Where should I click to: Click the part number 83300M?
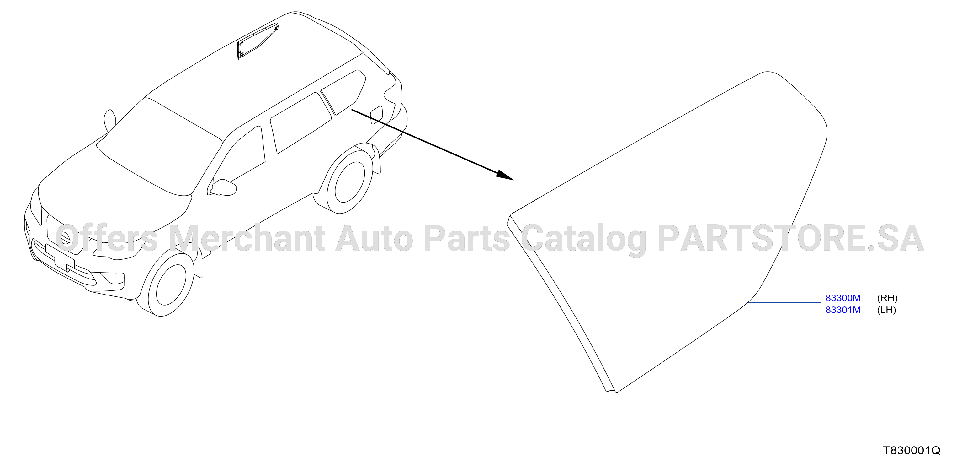[843, 298]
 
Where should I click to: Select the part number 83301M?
[843, 310]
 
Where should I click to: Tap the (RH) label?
[887, 298]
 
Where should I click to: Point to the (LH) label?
[886, 310]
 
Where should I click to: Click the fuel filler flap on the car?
[376, 115]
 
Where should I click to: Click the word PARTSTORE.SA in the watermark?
[791, 238]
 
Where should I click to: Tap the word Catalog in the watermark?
[583, 240]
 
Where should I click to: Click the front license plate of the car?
[60, 258]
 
